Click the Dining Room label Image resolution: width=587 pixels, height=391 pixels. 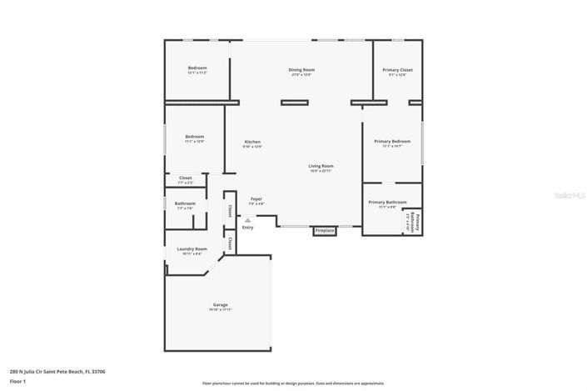301,70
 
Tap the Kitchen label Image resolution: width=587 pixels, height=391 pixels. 253,143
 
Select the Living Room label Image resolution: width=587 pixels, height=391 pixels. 321,167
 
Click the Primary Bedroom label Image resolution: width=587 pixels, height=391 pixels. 392,143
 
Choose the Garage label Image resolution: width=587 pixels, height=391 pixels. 220,306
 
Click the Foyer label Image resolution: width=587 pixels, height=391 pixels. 256,199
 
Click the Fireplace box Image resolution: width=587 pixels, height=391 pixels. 324,230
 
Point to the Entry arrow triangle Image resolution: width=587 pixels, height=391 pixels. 247,220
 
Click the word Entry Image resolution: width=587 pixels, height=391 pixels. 247,228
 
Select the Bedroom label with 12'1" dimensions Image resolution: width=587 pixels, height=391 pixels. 196,69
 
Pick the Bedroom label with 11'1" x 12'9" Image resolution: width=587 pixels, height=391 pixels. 194,138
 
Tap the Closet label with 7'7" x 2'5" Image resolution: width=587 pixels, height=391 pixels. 185,178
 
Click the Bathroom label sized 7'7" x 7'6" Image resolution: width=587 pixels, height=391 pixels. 185,204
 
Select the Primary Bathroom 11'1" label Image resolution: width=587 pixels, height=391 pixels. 387,203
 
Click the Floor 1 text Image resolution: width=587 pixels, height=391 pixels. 17,381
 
